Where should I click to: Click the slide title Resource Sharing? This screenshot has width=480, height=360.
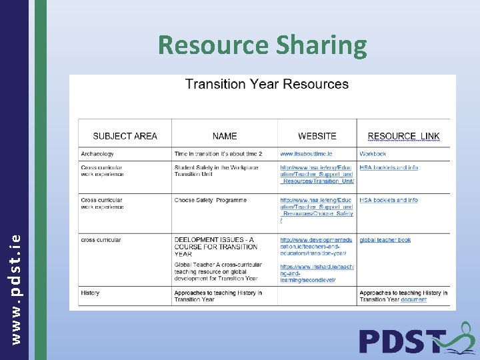[x=263, y=45]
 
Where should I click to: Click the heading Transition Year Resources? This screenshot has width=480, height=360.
[x=267, y=84]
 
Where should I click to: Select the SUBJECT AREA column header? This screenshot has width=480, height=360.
[x=125, y=136]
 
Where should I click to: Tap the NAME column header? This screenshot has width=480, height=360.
[x=225, y=136]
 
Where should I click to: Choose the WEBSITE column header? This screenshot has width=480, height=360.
[x=317, y=136]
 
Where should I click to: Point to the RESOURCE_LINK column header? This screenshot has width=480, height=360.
[x=403, y=136]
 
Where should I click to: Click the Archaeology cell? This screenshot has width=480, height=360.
[x=97, y=154]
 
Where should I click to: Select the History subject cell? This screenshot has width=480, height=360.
[x=90, y=293]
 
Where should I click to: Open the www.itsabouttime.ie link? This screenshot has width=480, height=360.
[x=306, y=154]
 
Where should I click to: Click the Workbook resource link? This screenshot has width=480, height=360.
[x=373, y=154]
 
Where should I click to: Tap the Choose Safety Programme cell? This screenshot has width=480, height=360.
[x=211, y=200]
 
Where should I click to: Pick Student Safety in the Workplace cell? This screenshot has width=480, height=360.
[x=216, y=171]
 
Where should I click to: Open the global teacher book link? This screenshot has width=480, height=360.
[x=385, y=240]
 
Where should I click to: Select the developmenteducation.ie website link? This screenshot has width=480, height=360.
[x=316, y=247]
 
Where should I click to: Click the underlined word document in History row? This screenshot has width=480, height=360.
[x=414, y=300]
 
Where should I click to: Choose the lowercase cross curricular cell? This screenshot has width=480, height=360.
[x=101, y=240]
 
